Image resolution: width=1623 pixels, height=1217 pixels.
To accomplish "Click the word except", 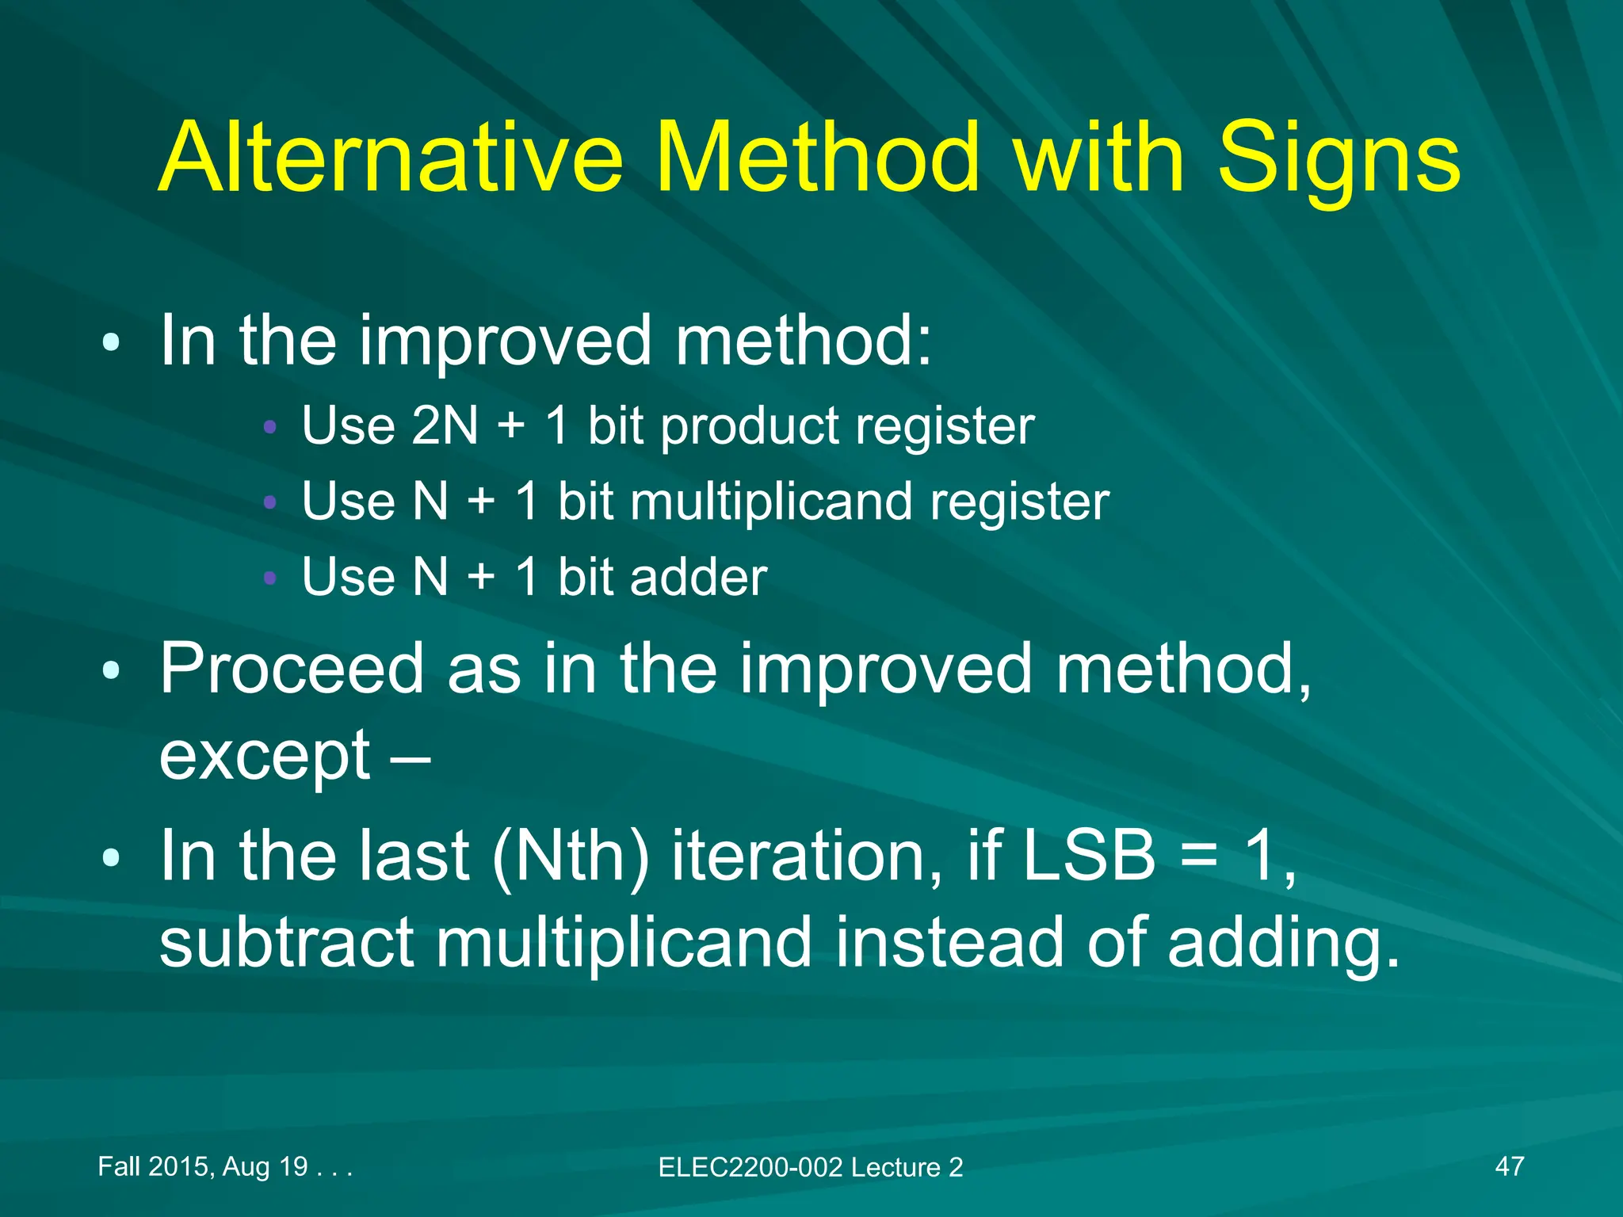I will (x=265, y=757).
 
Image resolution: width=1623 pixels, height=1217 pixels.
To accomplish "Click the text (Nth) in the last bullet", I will (x=570, y=857).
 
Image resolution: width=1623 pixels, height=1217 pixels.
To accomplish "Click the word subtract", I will (x=286, y=942).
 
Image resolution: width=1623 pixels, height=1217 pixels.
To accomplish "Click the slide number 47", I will (x=1509, y=1166).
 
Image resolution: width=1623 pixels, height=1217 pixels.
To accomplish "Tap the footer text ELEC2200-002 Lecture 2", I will (x=810, y=1167).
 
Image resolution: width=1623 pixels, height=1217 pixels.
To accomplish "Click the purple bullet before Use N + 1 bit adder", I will (x=269, y=578).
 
